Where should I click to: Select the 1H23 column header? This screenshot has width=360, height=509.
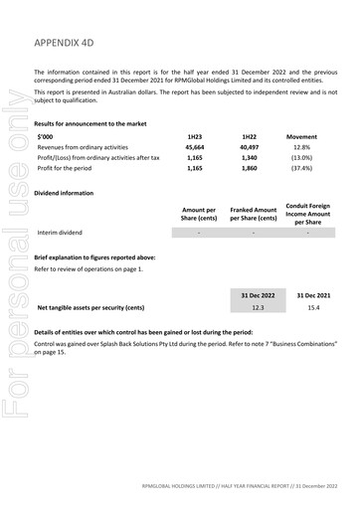point(194,135)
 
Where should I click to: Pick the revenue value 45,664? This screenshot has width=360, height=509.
point(194,146)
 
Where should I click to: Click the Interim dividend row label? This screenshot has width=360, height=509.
point(62,233)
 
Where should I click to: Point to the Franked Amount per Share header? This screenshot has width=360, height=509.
point(254,213)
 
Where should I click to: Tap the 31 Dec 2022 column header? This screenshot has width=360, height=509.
point(258,294)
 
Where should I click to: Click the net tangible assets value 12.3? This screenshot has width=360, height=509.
point(258,308)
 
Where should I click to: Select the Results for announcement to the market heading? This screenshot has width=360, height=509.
point(90,123)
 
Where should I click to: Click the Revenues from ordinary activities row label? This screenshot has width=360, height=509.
point(86,146)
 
